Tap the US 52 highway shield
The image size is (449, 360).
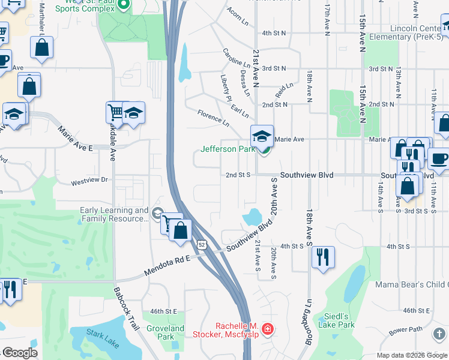point(202,244)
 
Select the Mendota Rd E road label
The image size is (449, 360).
point(167,266)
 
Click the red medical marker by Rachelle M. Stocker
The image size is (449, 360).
point(267,329)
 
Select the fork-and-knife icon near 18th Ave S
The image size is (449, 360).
point(323,257)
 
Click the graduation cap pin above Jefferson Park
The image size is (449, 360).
point(262,136)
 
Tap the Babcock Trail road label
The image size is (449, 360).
point(127,308)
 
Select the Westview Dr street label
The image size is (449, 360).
point(88,179)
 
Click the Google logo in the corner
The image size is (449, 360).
point(19,353)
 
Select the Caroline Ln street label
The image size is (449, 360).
point(236,58)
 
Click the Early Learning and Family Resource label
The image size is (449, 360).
point(114,214)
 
